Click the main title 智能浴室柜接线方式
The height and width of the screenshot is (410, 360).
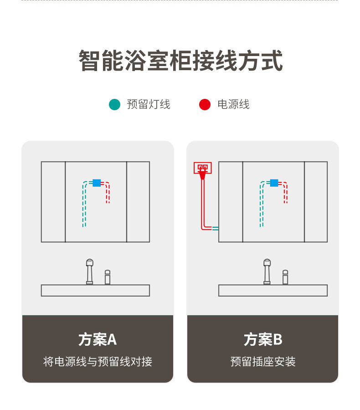pyautogui.click(x=180, y=61)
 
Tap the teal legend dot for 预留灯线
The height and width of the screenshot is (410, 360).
pyautogui.click(x=114, y=104)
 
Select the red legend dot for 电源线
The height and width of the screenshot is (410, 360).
pyautogui.click(x=205, y=104)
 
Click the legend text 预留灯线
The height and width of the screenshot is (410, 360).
pyautogui.click(x=149, y=104)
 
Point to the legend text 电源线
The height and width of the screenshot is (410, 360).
pyautogui.click(x=233, y=104)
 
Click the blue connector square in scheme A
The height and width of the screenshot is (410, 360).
pyautogui.click(x=97, y=183)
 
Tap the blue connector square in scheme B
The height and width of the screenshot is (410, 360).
pyautogui.click(x=274, y=183)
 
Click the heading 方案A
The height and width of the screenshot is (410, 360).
pyautogui.click(x=98, y=339)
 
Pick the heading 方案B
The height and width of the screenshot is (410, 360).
pyautogui.click(x=263, y=339)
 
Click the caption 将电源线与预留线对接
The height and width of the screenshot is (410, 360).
pyautogui.click(x=98, y=362)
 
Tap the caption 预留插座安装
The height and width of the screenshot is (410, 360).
pyautogui.click(x=263, y=362)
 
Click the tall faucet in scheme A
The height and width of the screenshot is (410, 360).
pyautogui.click(x=90, y=272)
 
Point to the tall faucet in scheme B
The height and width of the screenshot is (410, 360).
pyautogui.click(x=267, y=272)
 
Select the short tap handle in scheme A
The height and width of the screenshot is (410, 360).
pyautogui.click(x=108, y=277)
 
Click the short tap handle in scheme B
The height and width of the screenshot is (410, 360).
pyautogui.click(x=285, y=277)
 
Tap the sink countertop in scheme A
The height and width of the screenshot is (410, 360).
pyautogui.click(x=95, y=290)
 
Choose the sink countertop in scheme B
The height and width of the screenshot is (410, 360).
pyautogui.click(x=273, y=290)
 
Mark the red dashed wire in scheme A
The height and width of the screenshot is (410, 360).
pyautogui.click(x=108, y=194)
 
